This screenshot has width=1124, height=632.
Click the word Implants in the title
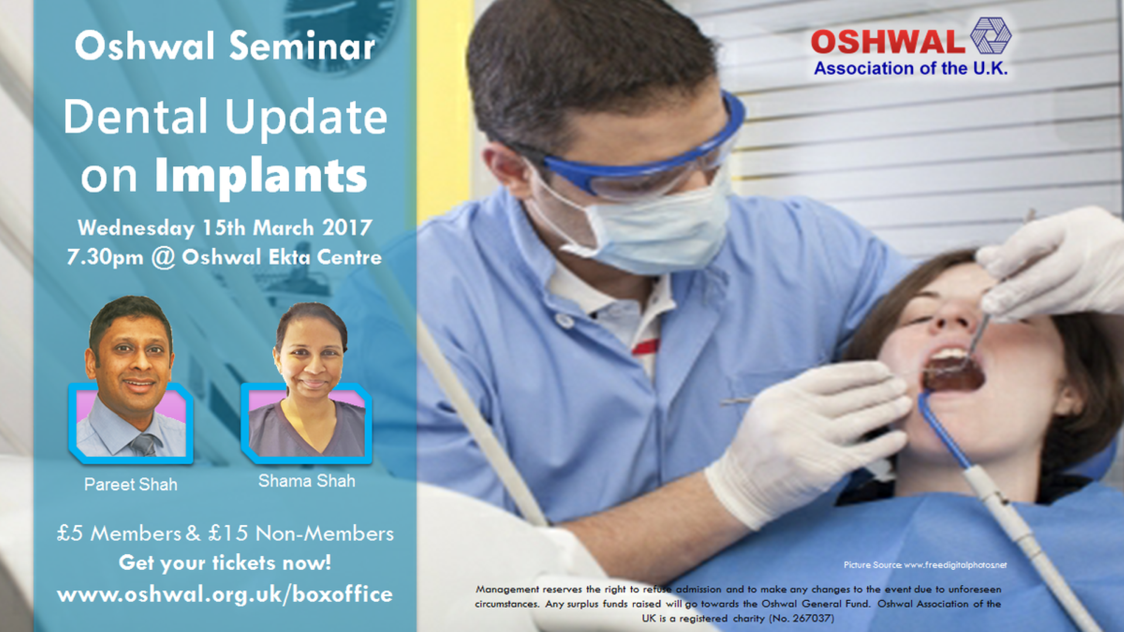[261, 176]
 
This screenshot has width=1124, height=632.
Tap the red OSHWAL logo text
[887, 42]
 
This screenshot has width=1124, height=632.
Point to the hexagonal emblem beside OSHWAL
[991, 36]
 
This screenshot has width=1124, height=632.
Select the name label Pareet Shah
[131, 485]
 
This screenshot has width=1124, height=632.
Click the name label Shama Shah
[307, 481]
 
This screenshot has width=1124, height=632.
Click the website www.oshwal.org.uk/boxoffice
[225, 595]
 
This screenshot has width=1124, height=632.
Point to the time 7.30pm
[105, 257]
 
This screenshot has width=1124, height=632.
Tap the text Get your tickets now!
[225, 563]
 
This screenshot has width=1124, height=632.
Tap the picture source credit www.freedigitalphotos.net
[955, 565]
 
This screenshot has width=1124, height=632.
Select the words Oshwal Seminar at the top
[225, 46]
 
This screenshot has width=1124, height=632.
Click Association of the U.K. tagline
[911, 68]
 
